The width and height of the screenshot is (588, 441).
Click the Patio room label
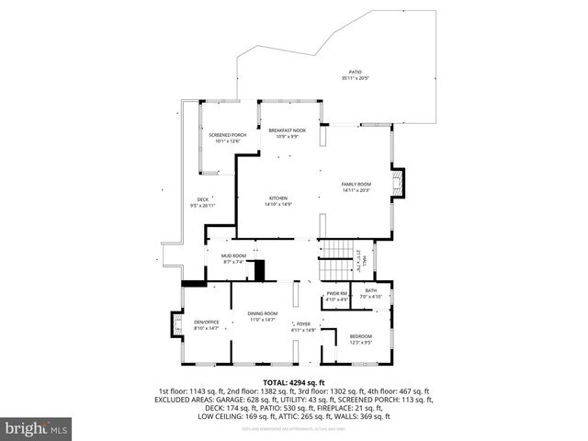point(356,75)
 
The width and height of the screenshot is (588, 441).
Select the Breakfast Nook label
point(286,134)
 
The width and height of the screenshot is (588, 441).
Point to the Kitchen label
point(278,202)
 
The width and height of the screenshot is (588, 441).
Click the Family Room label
point(356,187)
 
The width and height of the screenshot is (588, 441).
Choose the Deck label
point(202,203)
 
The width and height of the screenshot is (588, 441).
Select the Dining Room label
point(263,318)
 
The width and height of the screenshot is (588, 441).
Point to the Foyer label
point(303,326)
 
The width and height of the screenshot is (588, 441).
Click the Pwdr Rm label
point(336,297)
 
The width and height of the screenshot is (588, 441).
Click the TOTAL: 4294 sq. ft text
point(294,382)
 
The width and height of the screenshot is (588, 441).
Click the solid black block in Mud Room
point(259,270)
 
